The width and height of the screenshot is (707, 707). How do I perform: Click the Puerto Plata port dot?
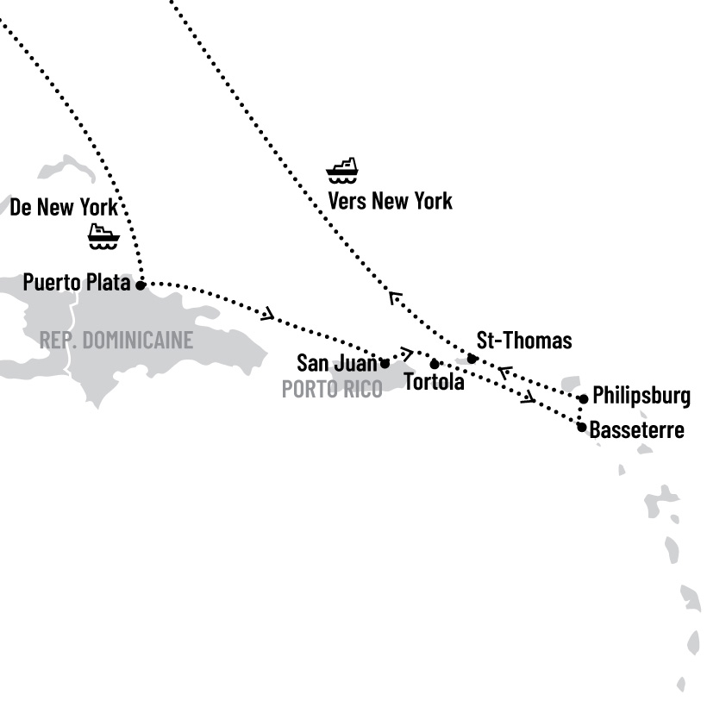pyautogui.click(x=141, y=284)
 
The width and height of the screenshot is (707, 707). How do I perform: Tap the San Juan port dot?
pyautogui.click(x=385, y=363)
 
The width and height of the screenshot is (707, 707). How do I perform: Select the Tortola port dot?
pyautogui.click(x=435, y=364)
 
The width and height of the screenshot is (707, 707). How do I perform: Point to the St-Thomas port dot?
pyautogui.click(x=472, y=359)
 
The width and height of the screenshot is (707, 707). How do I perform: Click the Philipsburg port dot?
pyautogui.click(x=584, y=398)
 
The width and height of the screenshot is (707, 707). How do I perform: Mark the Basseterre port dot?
pyautogui.click(x=582, y=427)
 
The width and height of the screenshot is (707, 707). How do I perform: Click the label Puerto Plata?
pyautogui.click(x=76, y=283)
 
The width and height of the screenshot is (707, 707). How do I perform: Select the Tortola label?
pyautogui.click(x=434, y=382)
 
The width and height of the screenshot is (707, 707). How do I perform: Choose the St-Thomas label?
pyautogui.click(x=523, y=341)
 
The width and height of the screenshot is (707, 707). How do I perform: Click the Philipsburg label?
pyautogui.click(x=641, y=397)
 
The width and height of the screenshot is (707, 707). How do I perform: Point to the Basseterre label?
pyautogui.click(x=637, y=429)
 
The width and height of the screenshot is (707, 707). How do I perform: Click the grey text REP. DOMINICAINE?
pyautogui.click(x=116, y=340)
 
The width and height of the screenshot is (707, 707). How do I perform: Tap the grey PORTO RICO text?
pyautogui.click(x=332, y=390)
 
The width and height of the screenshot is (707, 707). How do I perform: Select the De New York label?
pyautogui.click(x=63, y=207)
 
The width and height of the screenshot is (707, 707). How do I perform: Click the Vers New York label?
pyautogui.click(x=390, y=202)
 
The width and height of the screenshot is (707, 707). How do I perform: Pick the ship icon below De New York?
pyautogui.click(x=103, y=235)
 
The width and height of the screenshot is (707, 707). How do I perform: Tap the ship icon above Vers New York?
pyautogui.click(x=342, y=170)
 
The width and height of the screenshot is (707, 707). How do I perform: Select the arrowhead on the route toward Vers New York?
pyautogui.click(x=394, y=297)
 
